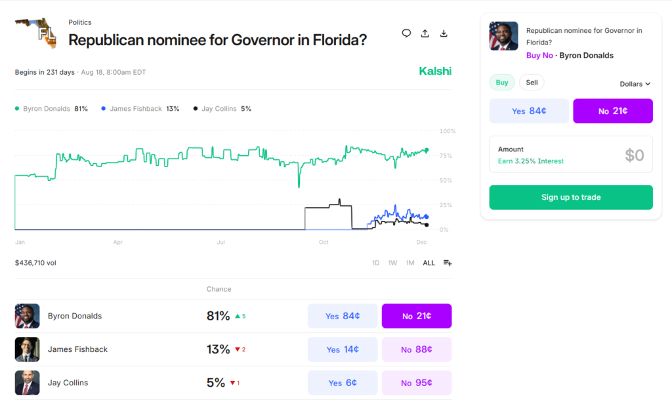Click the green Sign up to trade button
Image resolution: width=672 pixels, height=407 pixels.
click(x=570, y=197)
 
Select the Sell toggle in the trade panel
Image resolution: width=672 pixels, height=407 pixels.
click(x=532, y=83)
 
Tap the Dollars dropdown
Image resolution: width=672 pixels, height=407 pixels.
click(x=635, y=84)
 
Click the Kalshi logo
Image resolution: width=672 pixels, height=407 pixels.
click(x=435, y=71)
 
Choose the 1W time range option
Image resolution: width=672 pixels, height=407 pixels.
click(x=392, y=263)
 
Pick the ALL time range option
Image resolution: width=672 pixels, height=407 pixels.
click(x=429, y=263)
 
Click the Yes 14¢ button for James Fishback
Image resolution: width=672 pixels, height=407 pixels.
click(x=343, y=349)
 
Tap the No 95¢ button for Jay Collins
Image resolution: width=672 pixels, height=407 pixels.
click(x=416, y=383)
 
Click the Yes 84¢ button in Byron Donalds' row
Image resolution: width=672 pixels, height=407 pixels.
click(x=343, y=316)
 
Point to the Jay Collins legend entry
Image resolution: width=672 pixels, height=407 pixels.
click(x=222, y=109)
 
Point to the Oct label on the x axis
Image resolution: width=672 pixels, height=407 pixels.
click(x=324, y=242)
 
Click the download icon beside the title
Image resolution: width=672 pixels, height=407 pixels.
click(x=444, y=33)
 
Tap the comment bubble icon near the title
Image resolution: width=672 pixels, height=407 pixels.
click(x=406, y=33)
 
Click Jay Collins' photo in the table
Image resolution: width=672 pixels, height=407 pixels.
click(x=27, y=383)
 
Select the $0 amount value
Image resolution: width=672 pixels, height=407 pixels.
click(x=634, y=155)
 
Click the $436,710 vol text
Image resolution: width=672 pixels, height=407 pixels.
click(x=35, y=263)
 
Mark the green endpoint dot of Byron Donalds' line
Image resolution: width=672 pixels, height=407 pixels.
click(x=427, y=150)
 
